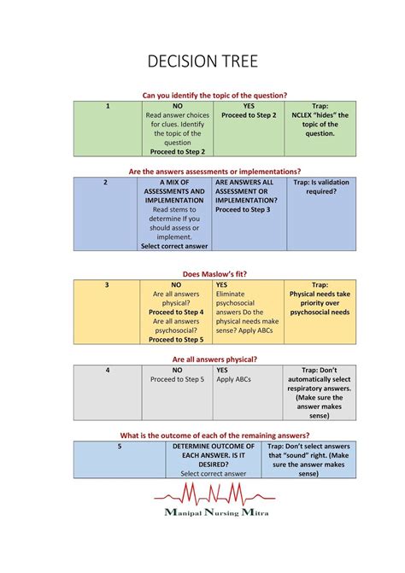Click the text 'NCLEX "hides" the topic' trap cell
tap(320, 120)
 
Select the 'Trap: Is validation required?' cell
tap(320, 187)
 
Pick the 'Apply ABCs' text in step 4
tap(232, 380)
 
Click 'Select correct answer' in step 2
tap(174, 246)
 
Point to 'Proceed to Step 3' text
tap(243, 209)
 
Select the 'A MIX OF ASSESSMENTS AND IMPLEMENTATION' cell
tap(174, 191)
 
